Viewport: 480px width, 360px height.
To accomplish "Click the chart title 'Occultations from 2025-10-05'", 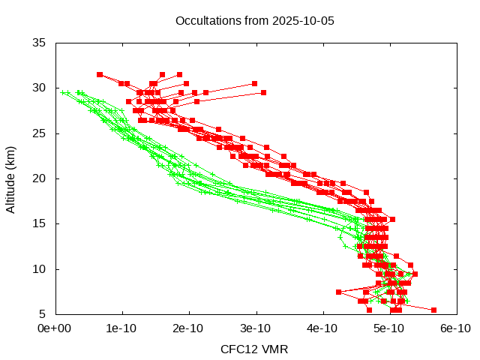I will (x=254, y=20).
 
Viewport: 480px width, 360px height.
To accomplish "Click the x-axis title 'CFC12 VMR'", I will (x=254, y=349).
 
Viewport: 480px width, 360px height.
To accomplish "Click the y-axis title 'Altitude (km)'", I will (x=10, y=178).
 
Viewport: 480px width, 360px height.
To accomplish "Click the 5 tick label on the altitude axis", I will (x=43, y=313).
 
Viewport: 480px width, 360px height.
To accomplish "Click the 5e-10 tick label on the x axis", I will (x=389, y=328).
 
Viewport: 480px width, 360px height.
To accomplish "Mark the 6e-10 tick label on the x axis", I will (x=455, y=328).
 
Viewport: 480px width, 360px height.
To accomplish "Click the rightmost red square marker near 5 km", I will (x=433, y=309).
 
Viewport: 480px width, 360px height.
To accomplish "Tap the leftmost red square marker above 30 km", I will (x=100, y=74).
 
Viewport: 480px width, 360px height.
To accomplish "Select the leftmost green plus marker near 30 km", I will (x=63, y=92).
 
